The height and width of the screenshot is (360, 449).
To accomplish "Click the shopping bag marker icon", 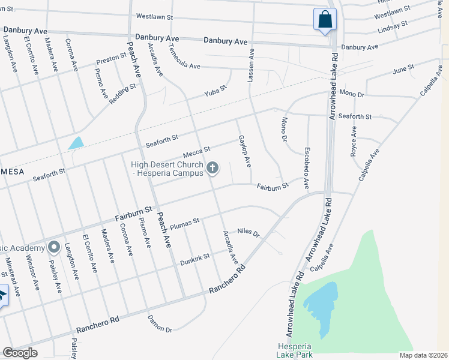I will point(325,19).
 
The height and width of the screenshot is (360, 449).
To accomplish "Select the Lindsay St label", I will point(393,26).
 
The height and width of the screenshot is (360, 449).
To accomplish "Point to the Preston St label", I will point(111,59).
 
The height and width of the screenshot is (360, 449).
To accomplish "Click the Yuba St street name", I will point(214,91).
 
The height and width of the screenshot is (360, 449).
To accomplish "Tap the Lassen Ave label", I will point(251,65).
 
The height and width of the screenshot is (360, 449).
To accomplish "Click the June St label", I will point(403,70).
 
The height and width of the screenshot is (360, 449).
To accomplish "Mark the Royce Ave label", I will point(354,142).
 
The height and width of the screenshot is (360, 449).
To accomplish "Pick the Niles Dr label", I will point(247,233).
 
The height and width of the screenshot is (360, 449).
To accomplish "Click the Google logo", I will point(20,353).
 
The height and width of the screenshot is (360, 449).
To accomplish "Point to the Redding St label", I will point(122,94).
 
